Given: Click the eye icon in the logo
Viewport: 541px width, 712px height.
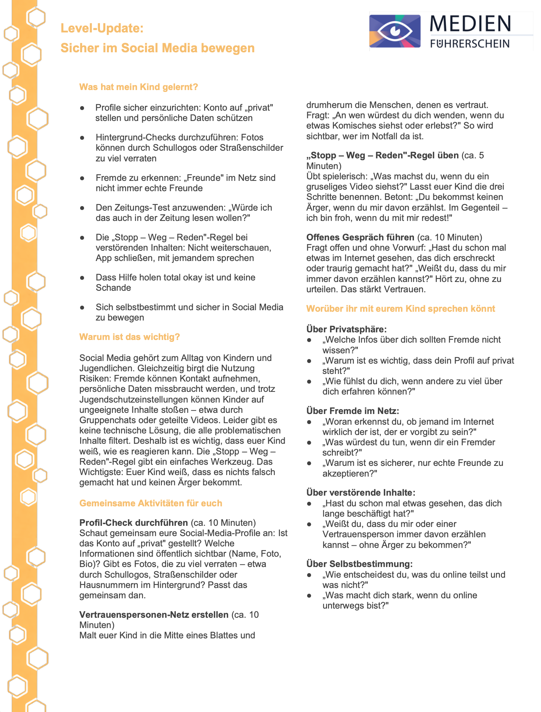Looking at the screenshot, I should (394, 31).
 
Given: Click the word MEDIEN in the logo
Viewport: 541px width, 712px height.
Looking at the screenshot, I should (470, 24).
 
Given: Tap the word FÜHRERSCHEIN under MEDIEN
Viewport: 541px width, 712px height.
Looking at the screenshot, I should (470, 43).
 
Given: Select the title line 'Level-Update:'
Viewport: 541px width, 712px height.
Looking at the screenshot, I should (102, 28).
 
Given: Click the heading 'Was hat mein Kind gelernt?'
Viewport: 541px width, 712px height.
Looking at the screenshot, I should (138, 87).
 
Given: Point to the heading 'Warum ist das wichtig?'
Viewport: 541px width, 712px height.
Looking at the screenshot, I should (129, 337).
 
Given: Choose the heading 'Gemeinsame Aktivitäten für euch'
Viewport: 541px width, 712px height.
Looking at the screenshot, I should (151, 503).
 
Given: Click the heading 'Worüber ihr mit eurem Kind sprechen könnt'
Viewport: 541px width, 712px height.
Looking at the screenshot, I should (401, 309).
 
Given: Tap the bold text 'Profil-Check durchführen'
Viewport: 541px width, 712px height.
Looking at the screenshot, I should (134, 523).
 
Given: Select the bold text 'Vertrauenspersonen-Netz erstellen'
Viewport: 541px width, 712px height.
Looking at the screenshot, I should (154, 615).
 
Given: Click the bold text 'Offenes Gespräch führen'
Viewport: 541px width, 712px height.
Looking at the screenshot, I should (360, 237).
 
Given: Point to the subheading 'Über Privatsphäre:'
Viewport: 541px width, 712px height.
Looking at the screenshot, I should (346, 329).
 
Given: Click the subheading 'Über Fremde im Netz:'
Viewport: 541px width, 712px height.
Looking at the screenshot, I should (353, 411).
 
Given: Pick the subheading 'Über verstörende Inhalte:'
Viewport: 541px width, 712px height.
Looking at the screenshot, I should (361, 493).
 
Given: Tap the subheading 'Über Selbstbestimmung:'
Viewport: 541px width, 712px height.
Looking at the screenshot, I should (359, 564).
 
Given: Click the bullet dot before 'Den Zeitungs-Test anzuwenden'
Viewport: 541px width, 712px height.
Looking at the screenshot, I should (82, 208).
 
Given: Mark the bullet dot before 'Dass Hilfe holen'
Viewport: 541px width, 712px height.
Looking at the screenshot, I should (82, 278).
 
